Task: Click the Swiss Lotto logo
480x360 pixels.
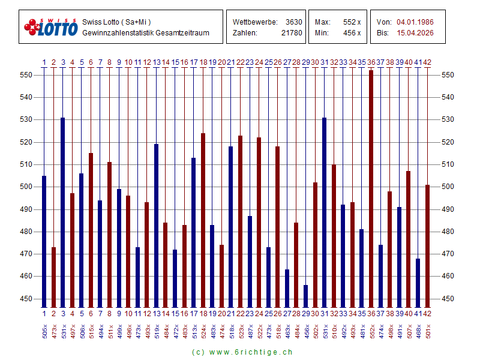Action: [51, 27]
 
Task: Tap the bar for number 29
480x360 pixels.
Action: [305, 296]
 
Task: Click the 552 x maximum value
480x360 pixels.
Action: [352, 22]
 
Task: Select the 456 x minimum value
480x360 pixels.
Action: [352, 33]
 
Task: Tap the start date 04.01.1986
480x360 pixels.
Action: [415, 22]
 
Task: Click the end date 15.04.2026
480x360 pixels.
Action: [415, 33]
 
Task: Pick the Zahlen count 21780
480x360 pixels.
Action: [292, 33]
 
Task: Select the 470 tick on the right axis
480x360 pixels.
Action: [448, 254]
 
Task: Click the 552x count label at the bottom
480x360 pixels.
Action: [371, 331]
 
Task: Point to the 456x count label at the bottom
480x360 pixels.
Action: [306, 331]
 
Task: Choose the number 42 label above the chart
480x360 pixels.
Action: [427, 62]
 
